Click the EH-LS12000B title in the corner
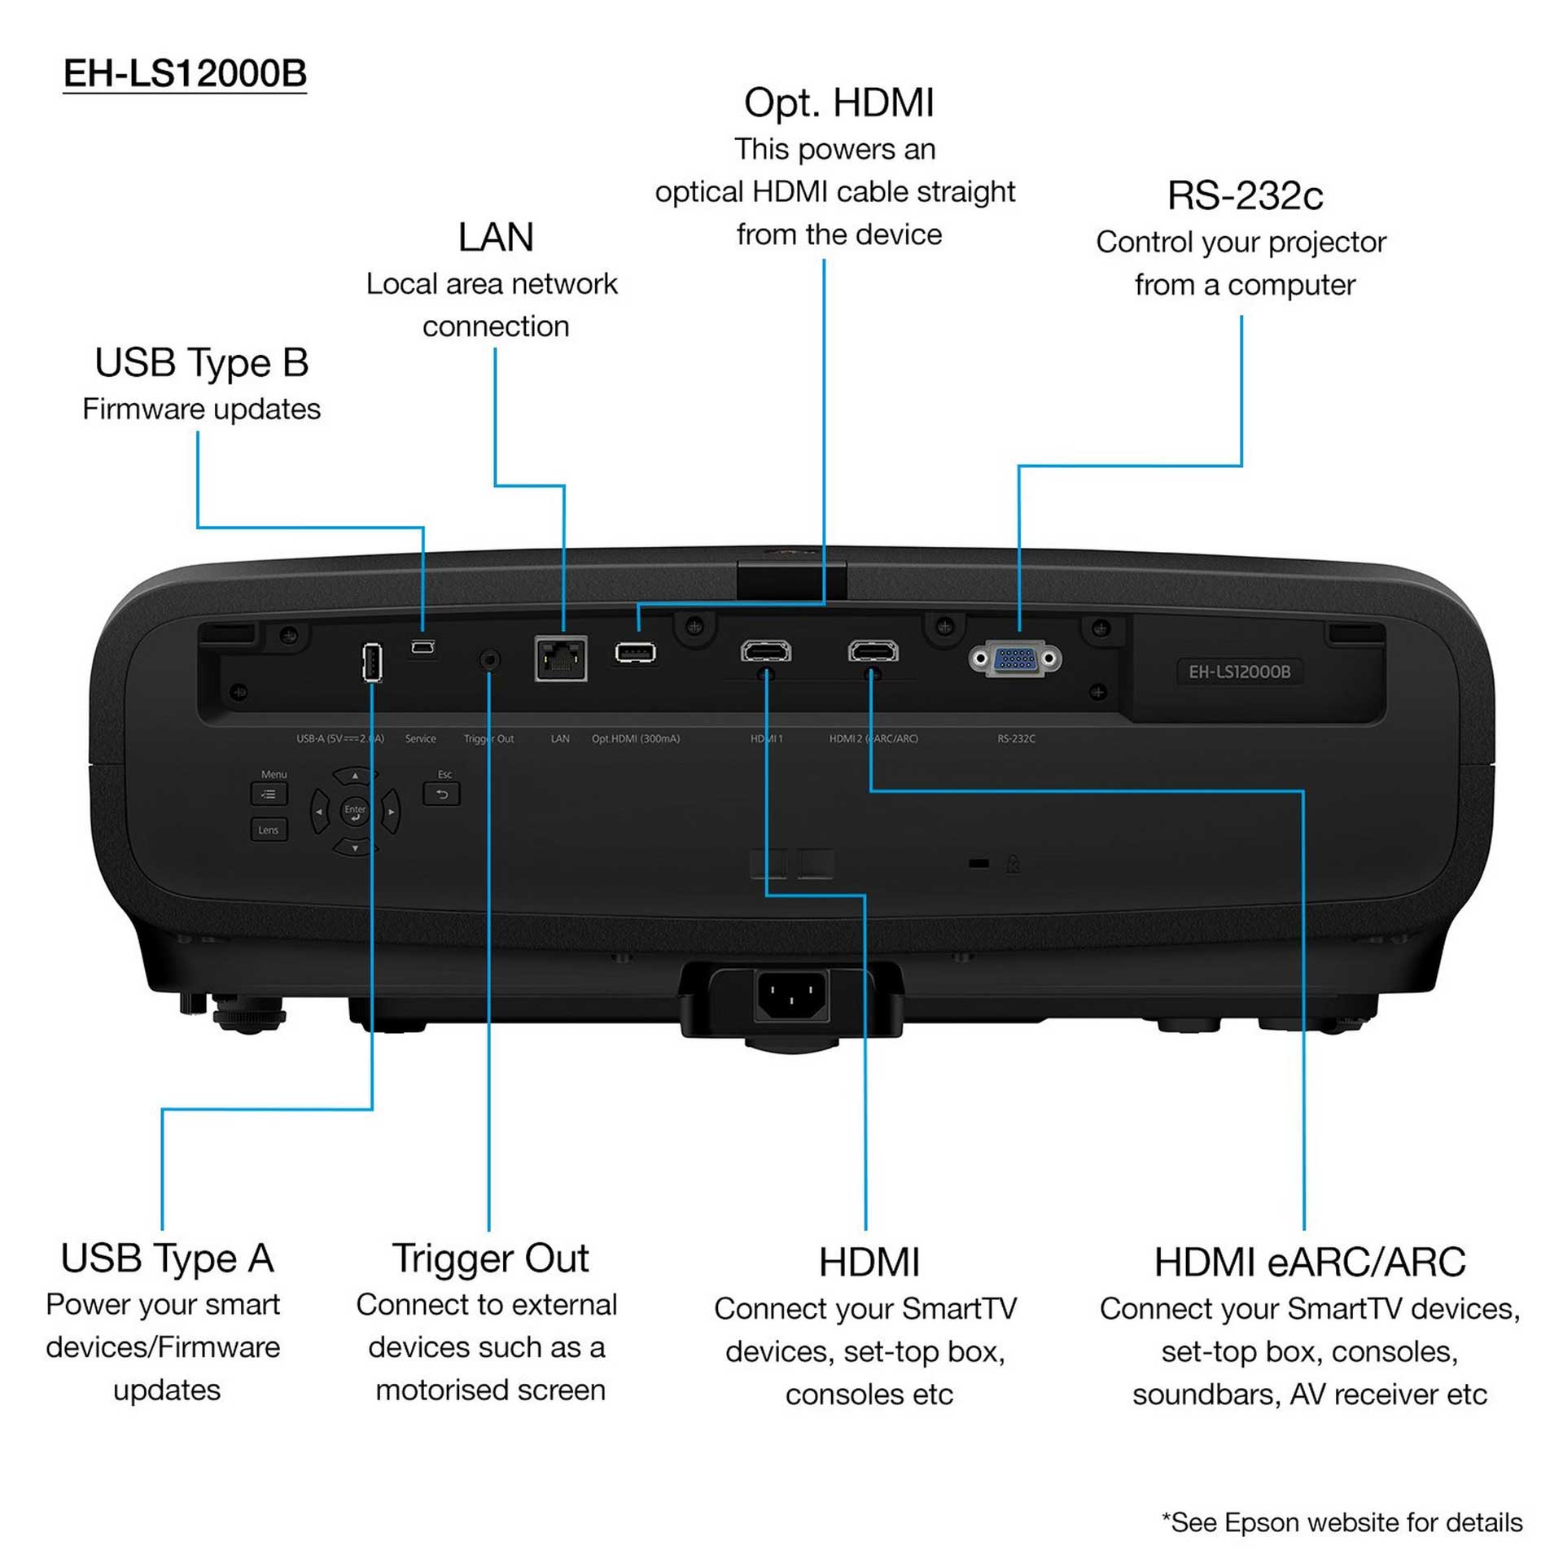pyautogui.click(x=185, y=73)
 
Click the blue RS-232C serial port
pyautogui.click(x=1014, y=659)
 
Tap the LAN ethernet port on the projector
pyautogui.click(x=561, y=658)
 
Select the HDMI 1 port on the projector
pyautogui.click(x=765, y=651)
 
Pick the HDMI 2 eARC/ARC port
pyautogui.click(x=873, y=651)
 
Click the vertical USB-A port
pyautogui.click(x=372, y=662)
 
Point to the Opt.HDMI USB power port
pyautogui.click(x=635, y=653)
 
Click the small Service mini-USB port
pyautogui.click(x=422, y=648)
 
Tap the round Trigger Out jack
pyautogui.click(x=489, y=659)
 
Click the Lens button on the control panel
pyautogui.click(x=269, y=830)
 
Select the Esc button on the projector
pyautogui.click(x=442, y=794)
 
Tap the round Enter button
pyautogui.click(x=355, y=811)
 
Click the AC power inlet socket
pyautogui.click(x=791, y=994)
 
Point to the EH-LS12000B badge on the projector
pyautogui.click(x=1239, y=672)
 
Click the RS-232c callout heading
pyautogui.click(x=1245, y=195)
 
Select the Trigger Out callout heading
pyautogui.click(x=490, y=1259)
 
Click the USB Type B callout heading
pyautogui.click(x=202, y=362)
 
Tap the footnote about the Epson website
pyautogui.click(x=1342, y=1522)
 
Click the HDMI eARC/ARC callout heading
pyautogui.click(x=1309, y=1263)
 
